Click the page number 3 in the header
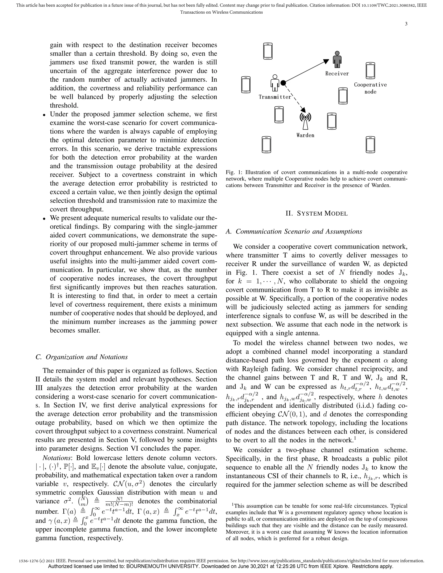[x=406, y=24]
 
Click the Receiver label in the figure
[x=337, y=74]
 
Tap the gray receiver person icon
[x=337, y=59]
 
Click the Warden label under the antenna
[x=305, y=135]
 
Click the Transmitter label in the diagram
[x=275, y=97]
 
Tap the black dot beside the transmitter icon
[x=283, y=83]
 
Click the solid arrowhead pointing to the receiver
[x=326, y=61]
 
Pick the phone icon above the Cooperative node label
[x=370, y=70]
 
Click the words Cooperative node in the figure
[x=370, y=88]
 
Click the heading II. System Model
[x=316, y=213]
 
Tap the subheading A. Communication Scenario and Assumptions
[x=294, y=231]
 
